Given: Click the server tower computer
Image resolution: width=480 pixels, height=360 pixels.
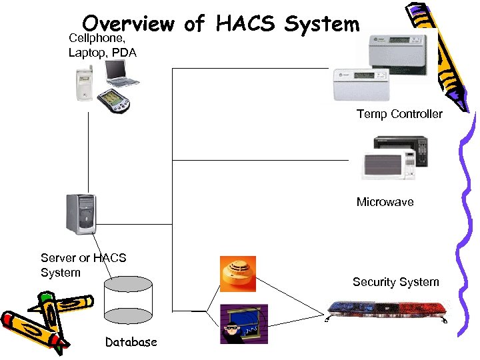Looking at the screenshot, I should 81,214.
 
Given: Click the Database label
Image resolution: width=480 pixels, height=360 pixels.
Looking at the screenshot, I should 131,342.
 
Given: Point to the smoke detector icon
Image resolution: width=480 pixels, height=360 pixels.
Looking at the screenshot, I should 237,273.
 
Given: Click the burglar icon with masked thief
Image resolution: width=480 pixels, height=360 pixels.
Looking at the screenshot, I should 243,323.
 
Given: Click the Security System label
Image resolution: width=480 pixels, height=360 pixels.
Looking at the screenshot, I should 395,282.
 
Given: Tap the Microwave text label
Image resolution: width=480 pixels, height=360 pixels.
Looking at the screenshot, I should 385,202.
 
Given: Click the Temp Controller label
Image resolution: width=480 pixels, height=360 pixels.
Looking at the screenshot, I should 399,114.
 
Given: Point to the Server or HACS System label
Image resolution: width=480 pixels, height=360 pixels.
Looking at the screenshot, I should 83,265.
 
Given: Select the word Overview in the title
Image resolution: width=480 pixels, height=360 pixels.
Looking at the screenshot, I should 129,24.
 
